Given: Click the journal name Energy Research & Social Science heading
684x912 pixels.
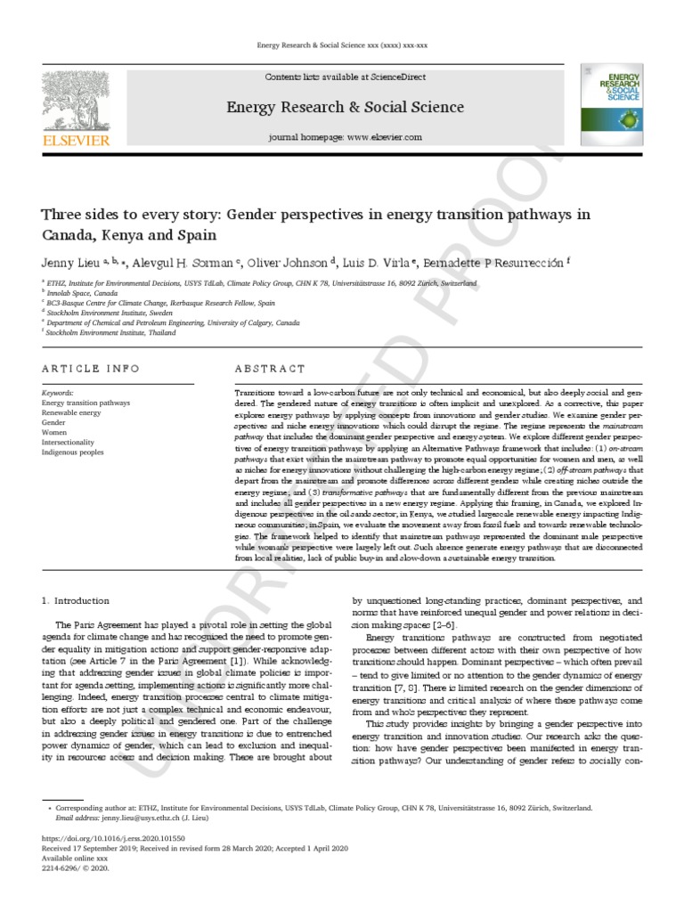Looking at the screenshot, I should coord(345,108).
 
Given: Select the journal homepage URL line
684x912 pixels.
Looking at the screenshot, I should coord(345,138).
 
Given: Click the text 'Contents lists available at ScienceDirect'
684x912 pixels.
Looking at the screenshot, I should coord(345,79).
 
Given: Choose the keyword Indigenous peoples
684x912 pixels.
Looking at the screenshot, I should coord(75,452).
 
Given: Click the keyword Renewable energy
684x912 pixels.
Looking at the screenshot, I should coord(72,412).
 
